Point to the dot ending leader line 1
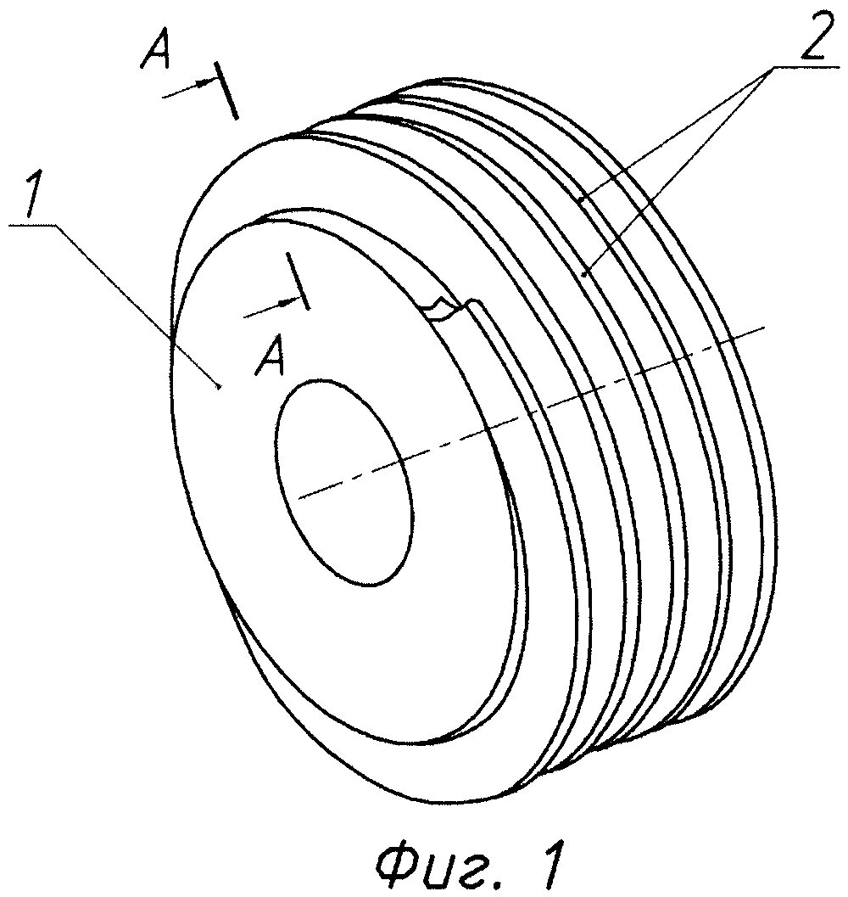220,388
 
